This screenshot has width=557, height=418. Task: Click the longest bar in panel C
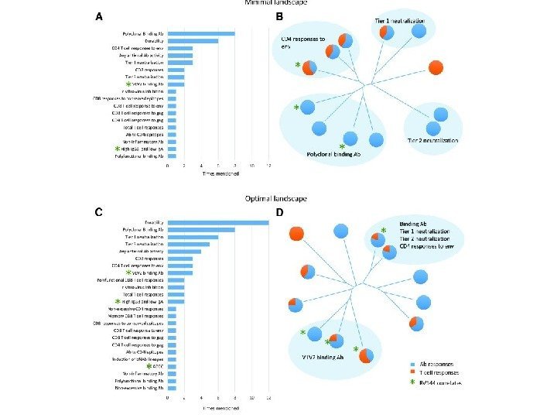point(218,223)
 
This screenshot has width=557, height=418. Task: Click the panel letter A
point(99,16)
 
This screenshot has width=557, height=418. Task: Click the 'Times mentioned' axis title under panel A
point(218,174)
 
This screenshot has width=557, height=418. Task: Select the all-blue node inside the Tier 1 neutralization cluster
point(419,31)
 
